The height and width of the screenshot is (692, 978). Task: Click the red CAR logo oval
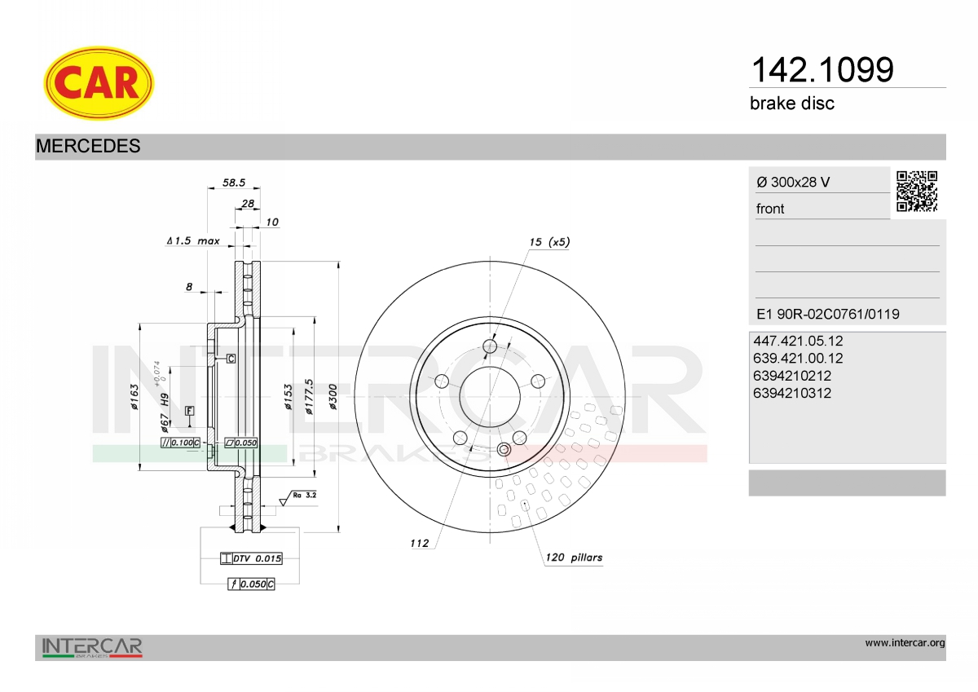coord(99,83)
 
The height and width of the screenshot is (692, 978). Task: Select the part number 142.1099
coord(822,70)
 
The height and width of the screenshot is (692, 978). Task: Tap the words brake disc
coord(792,104)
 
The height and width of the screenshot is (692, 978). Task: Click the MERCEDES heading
coord(88,146)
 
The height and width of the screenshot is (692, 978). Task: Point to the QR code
coord(917,192)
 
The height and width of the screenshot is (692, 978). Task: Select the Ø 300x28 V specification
coord(793,182)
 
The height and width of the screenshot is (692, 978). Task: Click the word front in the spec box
coord(770,209)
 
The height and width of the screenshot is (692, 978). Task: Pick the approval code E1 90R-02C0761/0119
coord(828,314)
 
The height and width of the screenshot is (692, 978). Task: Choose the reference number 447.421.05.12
coord(798,341)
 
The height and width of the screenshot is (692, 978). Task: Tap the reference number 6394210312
coord(792,393)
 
